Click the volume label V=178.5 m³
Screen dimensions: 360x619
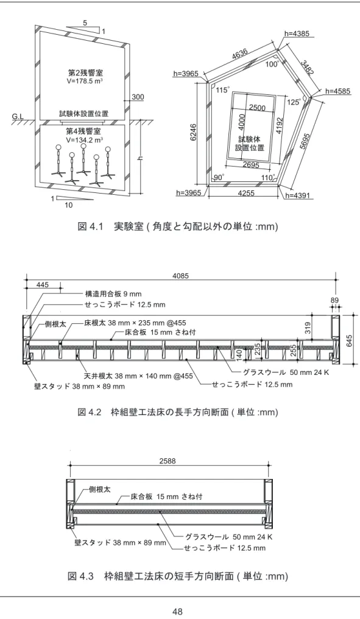click(x=85, y=82)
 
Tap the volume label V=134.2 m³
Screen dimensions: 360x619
click(x=85, y=139)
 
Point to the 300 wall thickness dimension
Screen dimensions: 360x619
click(x=138, y=97)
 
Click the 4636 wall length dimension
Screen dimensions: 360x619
click(x=240, y=55)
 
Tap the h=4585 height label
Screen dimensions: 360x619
click(x=338, y=91)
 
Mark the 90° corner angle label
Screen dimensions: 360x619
click(x=219, y=178)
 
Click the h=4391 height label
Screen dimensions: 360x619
click(x=297, y=195)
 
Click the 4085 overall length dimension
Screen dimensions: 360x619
click(x=180, y=276)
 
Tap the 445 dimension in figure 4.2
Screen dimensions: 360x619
click(x=43, y=285)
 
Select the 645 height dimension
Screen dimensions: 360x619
click(x=350, y=340)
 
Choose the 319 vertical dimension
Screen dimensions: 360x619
click(x=308, y=327)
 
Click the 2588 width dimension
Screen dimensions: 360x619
click(x=168, y=461)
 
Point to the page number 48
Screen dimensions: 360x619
click(x=177, y=612)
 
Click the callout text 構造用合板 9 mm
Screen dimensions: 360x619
click(x=113, y=294)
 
